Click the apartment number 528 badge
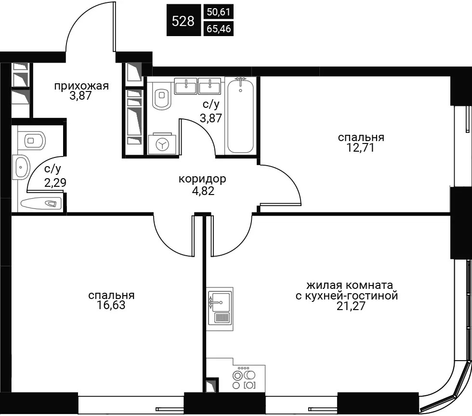coord(184,20)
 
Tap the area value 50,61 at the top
coord(219,12)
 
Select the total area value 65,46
coord(219,28)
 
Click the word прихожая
coord(81,86)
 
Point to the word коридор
coord(202,179)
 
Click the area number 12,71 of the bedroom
coord(361,148)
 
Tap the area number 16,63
coord(111,305)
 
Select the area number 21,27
coord(351,306)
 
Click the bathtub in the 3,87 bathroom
coord(240,115)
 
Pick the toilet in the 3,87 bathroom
coord(161,94)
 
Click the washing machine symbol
coord(162,144)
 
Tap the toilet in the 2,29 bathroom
coord(32,140)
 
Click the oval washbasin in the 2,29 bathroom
coord(21,167)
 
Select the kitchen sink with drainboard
coord(220,309)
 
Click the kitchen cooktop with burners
coord(244,378)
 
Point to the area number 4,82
coord(203,191)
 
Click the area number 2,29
coord(55,182)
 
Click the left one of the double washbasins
coord(186,86)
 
